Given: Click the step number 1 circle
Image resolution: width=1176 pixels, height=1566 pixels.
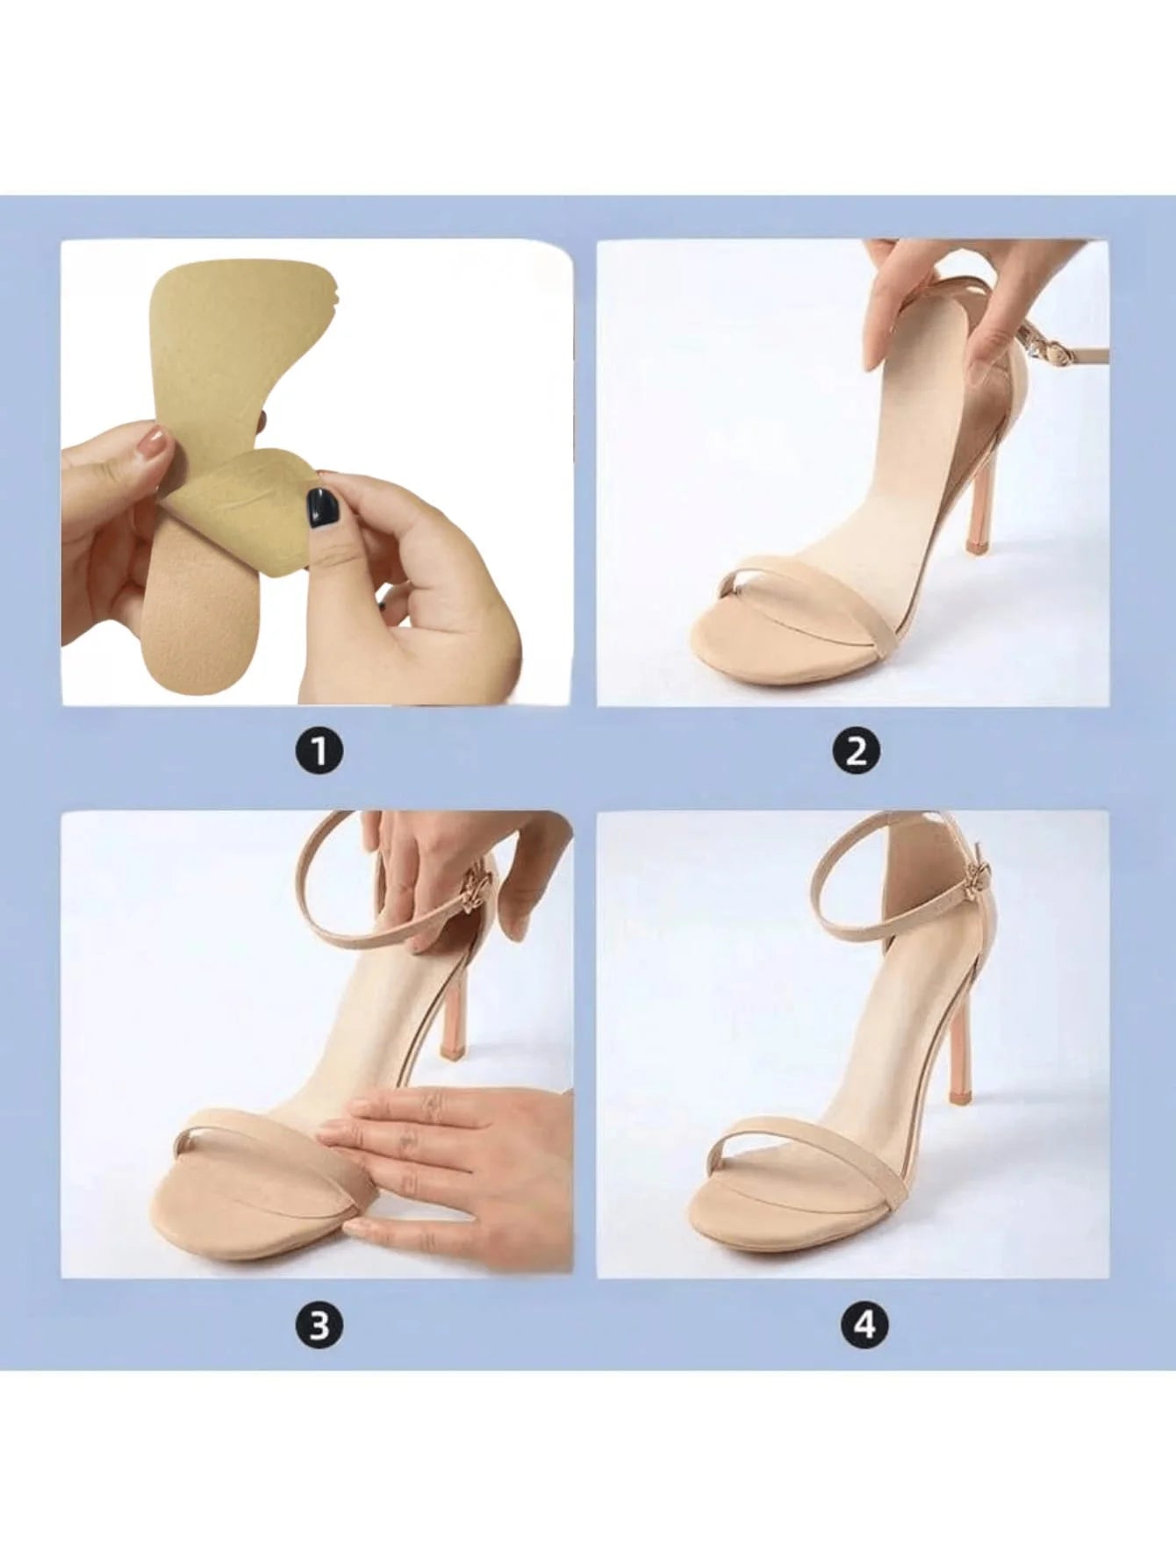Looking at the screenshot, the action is [319, 752].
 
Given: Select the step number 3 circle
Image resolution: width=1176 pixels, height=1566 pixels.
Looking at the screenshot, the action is [319, 1324].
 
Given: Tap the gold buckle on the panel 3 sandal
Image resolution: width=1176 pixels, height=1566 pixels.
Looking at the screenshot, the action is [475, 885].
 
